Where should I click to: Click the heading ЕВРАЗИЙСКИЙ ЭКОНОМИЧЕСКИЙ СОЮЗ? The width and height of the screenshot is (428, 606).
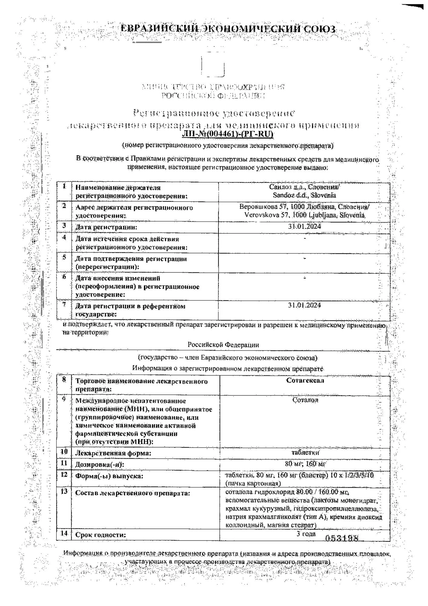[228, 29]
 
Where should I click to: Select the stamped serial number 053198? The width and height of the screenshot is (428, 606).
[342, 538]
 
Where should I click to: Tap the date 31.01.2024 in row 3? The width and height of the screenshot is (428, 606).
[305, 226]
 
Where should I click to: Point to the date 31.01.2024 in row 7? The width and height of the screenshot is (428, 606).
[305, 305]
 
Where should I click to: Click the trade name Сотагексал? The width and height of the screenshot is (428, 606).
[305, 381]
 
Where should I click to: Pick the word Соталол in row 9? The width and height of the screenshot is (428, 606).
[305, 400]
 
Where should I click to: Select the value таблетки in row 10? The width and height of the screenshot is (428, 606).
[305, 453]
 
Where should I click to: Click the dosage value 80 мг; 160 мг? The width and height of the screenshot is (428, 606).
[305, 464]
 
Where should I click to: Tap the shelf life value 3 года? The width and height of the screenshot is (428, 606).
[306, 534]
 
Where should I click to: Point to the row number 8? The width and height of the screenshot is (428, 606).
[64, 380]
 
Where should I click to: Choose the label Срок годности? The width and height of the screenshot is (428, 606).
[100, 535]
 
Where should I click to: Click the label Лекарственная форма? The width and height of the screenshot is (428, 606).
[113, 453]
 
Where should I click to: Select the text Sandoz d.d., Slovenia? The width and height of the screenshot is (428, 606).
[304, 195]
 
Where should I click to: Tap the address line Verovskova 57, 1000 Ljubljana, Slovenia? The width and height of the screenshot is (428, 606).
[305, 215]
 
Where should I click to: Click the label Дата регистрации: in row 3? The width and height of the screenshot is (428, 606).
[106, 227]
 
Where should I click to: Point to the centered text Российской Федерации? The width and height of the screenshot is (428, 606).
[223, 345]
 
